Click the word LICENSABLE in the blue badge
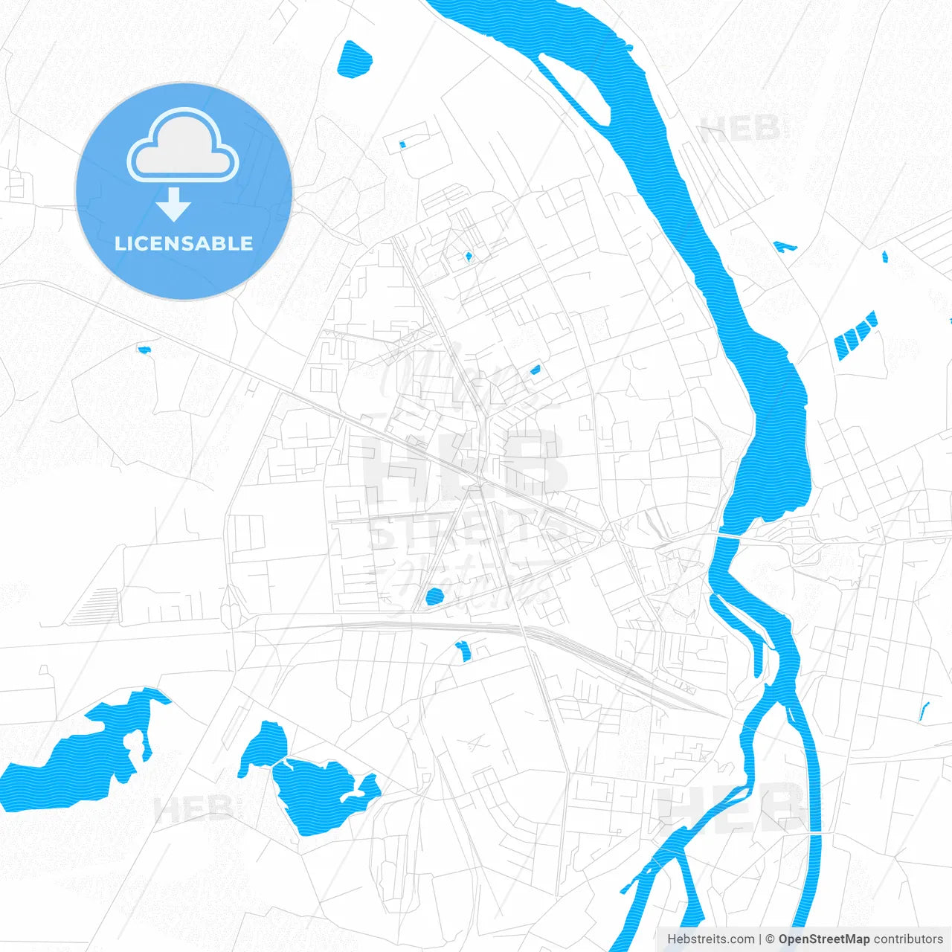pos(184,243)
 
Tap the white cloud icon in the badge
pos(183,148)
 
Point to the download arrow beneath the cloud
pos(174,205)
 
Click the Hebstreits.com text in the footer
pos(710,939)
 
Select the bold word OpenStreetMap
pos(823,939)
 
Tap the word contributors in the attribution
pos(908,939)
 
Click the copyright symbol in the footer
pos(771,939)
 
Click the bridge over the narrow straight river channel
pos(815,834)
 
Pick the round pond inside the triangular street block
pos(434,595)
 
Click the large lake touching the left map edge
pos(82,759)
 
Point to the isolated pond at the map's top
pos(354,59)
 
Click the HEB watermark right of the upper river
pos(740,129)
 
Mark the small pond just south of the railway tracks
pos(464,650)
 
